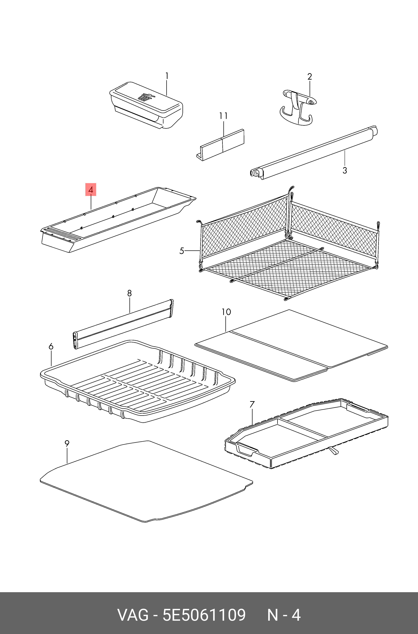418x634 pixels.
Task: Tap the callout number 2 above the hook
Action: pos(309,77)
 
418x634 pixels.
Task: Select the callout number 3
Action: pos(345,170)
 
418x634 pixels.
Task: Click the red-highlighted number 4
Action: pos(91,190)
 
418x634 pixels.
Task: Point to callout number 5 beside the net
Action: pos(182,251)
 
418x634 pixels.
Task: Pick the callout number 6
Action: pos(51,347)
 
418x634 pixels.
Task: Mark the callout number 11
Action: pos(223,116)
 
